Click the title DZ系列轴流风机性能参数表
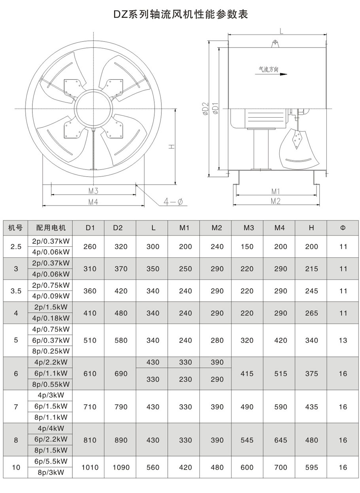click(180, 14)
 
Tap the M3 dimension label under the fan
click(93, 191)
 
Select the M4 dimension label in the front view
click(93, 202)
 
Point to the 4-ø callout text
click(173, 201)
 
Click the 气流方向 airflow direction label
click(268, 69)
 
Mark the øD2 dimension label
click(206, 108)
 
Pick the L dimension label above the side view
click(281, 31)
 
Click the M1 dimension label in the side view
click(276, 192)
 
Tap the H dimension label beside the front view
click(172, 147)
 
